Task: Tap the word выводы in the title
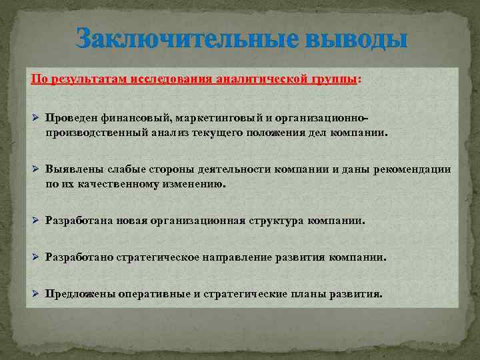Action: coord(349,39)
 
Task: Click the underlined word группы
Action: coord(333,79)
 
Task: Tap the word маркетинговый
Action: coord(219,118)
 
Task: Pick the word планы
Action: coord(301,293)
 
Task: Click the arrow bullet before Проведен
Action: coord(37,118)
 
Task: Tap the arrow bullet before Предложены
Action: coord(37,293)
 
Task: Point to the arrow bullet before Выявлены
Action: coord(37,170)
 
